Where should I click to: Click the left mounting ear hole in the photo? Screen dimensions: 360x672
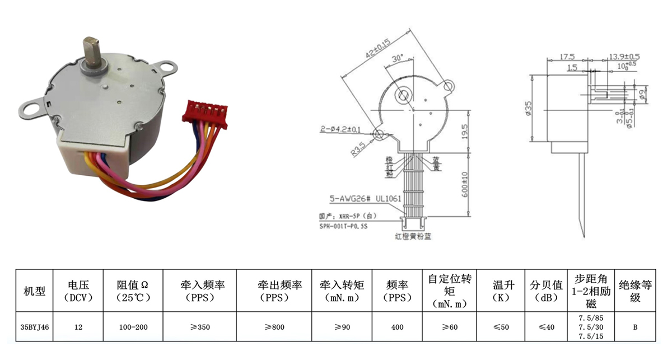[x=32, y=106]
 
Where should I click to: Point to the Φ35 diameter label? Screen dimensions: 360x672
[x=528, y=107]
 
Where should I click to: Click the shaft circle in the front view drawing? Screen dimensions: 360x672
[x=404, y=95]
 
